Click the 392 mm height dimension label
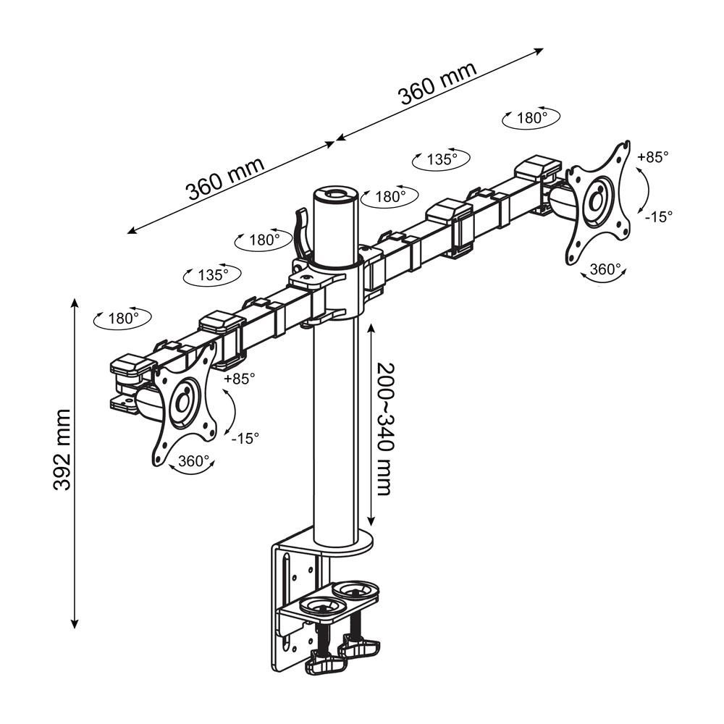[63, 450]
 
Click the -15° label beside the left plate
[245, 437]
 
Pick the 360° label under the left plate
[193, 461]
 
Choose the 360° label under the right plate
[605, 269]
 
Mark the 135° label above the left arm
[213, 275]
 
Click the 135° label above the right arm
[440, 159]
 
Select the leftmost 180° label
[122, 318]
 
